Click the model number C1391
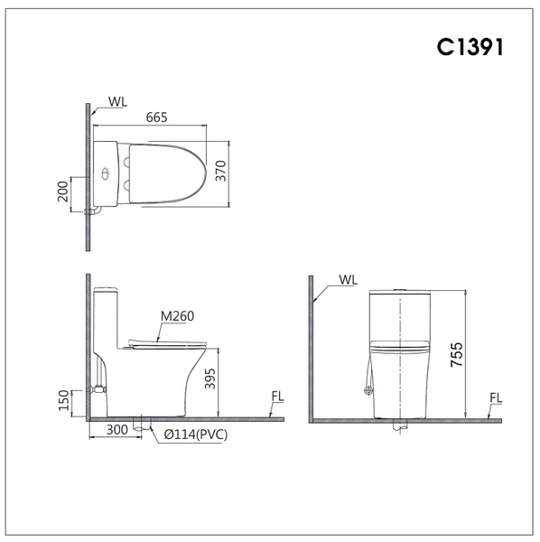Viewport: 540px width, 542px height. point(470,48)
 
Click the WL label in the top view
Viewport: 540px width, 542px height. point(117,102)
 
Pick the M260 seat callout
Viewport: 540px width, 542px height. point(178,316)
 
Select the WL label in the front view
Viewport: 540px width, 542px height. point(349,280)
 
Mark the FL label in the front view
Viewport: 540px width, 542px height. point(496,397)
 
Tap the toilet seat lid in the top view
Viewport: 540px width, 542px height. point(167,173)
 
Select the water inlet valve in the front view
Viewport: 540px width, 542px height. point(367,390)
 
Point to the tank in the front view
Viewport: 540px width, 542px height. point(399,316)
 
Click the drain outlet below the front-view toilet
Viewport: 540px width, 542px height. point(399,428)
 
